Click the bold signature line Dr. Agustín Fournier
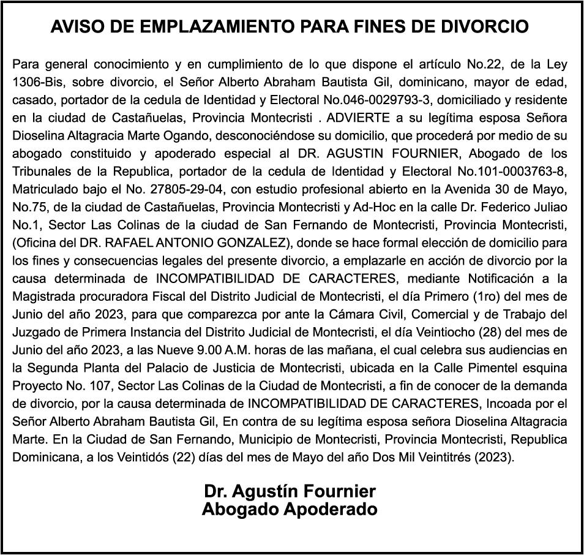click(x=290, y=491)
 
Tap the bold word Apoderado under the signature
click(x=329, y=509)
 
